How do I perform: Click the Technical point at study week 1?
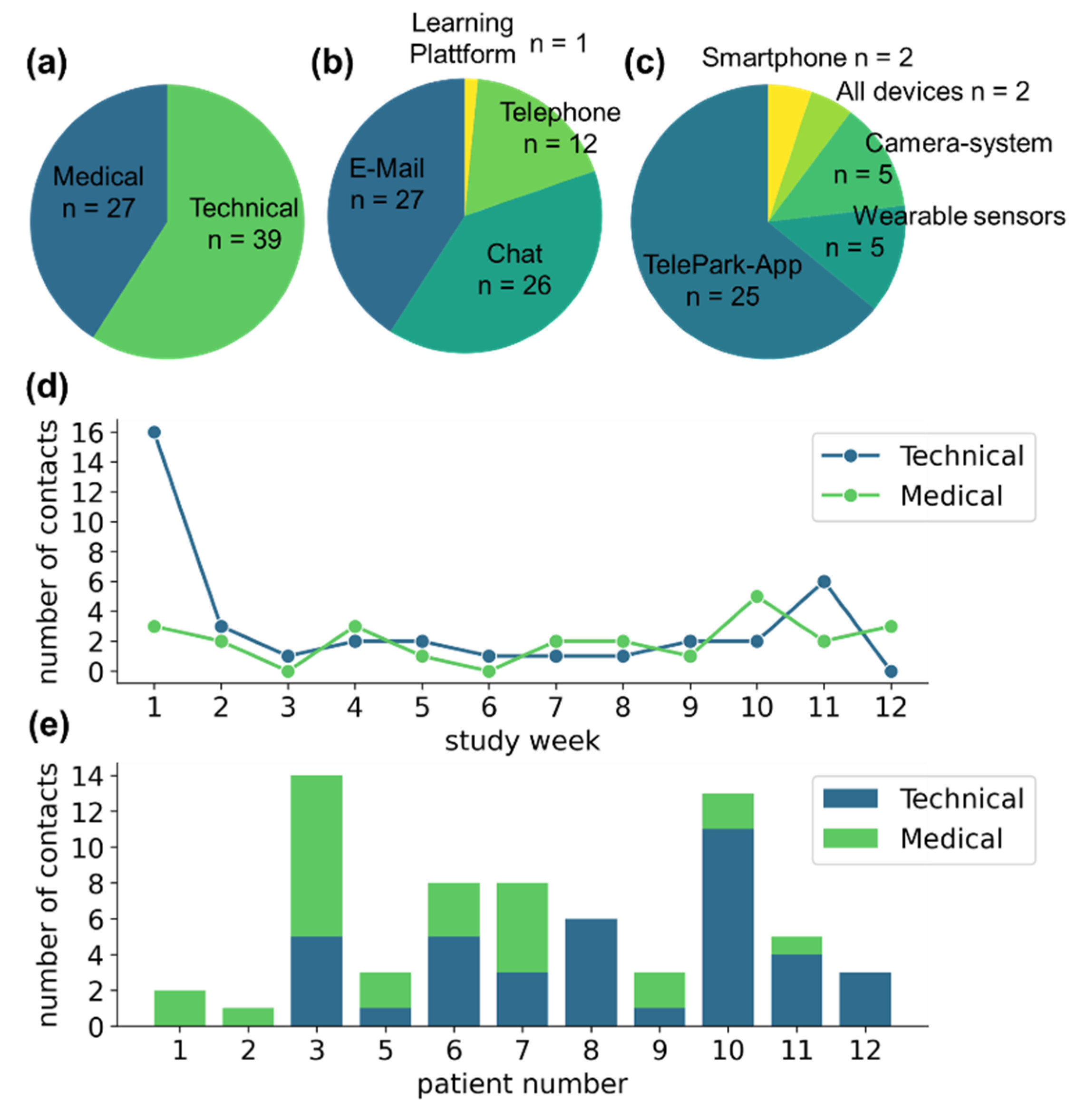(154, 433)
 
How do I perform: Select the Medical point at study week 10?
(757, 596)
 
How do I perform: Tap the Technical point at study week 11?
(824, 581)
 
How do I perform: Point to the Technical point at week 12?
(891, 671)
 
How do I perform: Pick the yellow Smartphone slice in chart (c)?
(786, 113)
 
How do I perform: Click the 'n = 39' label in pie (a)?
(244, 240)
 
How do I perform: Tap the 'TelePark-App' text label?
(722, 265)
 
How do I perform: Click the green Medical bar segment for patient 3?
(316, 856)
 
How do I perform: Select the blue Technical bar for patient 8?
(591, 972)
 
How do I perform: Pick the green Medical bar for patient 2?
(248, 1017)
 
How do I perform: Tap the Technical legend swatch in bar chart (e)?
(850, 799)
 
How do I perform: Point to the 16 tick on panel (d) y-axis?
(88, 433)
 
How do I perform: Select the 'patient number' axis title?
(522, 1084)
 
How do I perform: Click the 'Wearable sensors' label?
(959, 216)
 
